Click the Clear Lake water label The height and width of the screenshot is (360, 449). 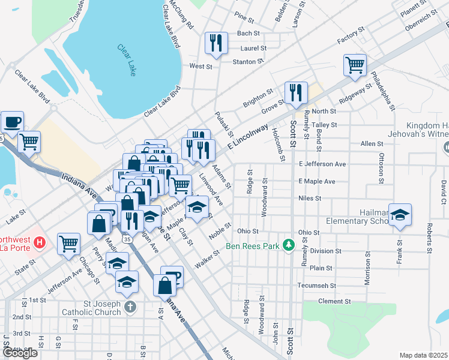click(x=127, y=60)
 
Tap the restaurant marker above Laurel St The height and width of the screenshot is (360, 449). click(x=216, y=43)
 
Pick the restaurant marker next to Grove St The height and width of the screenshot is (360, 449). click(x=295, y=92)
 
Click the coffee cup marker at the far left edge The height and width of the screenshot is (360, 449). click(x=12, y=122)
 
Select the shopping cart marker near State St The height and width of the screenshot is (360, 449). click(x=68, y=244)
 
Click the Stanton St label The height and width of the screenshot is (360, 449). click(x=248, y=61)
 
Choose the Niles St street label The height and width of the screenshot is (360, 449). click(x=310, y=198)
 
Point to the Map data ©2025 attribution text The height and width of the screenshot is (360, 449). click(x=423, y=355)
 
